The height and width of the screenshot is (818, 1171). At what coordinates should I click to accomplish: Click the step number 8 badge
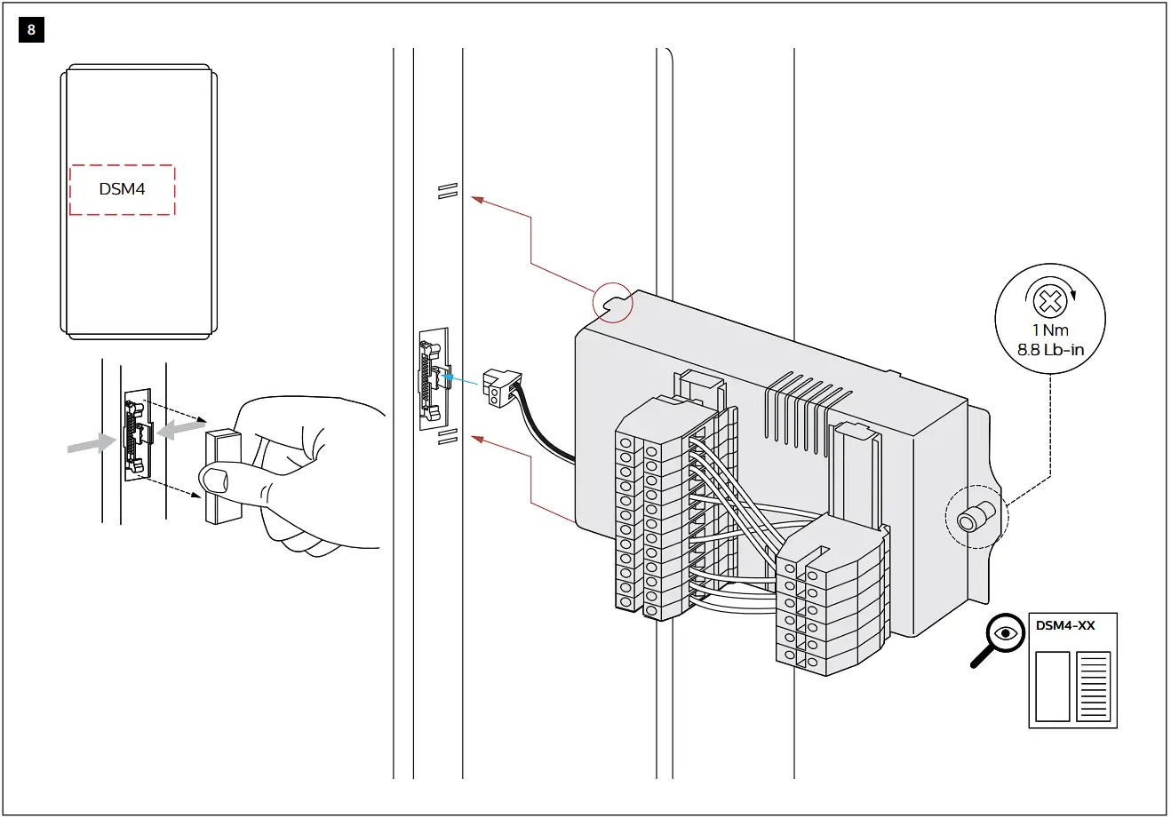coord(31,30)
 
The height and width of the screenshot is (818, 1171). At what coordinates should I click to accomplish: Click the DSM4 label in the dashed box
coord(122,189)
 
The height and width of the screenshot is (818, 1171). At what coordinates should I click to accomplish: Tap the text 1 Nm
coord(1050,330)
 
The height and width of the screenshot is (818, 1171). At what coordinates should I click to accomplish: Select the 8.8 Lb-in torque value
coord(1050,350)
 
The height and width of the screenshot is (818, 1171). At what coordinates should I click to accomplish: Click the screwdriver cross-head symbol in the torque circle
coord(1050,299)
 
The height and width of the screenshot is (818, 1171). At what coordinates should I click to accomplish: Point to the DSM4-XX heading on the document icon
coord(1065,625)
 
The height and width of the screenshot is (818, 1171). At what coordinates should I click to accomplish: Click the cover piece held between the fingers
coord(222,478)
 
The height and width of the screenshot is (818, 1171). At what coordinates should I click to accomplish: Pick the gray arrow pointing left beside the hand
coord(177,429)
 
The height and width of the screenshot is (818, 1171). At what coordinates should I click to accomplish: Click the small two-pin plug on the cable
coord(496,386)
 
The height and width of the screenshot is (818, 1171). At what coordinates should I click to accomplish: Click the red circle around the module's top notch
coord(613,302)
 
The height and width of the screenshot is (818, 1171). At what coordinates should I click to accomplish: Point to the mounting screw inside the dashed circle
coord(972,518)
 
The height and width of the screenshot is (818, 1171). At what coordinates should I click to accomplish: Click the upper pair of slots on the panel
coord(447,190)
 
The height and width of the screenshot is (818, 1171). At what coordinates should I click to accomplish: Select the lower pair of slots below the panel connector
coord(447,435)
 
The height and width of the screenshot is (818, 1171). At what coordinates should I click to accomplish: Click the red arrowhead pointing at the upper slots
coord(477,200)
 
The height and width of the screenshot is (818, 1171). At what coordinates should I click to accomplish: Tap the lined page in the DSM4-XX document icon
coord(1093,687)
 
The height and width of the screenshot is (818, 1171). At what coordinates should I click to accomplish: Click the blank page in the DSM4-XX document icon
coord(1053,687)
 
